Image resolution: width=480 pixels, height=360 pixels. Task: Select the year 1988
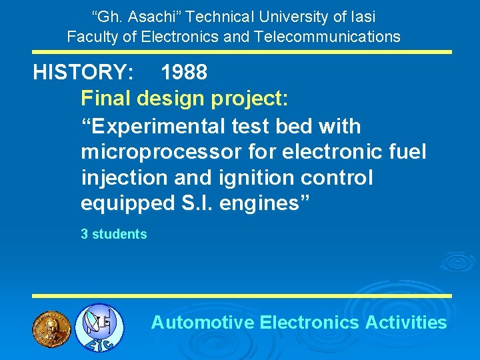click(184, 73)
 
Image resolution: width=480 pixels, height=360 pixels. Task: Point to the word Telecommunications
click(327, 36)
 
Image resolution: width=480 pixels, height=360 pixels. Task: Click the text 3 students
click(113, 234)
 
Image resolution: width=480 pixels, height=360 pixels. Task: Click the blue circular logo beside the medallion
click(99, 327)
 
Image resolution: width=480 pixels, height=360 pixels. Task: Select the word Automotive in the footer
click(203, 323)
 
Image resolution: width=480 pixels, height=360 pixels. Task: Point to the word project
click(247, 99)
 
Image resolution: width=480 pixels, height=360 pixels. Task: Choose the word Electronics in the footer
click(309, 323)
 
